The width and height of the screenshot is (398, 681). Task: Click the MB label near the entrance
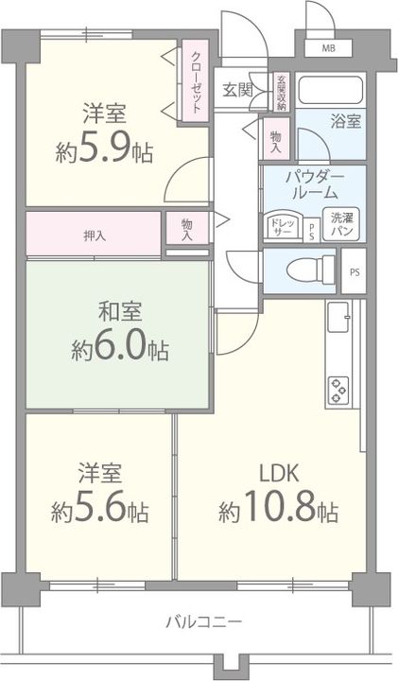pos(328,47)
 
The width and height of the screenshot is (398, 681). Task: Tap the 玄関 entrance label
pos(237,90)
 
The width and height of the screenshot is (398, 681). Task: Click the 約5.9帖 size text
pos(104,150)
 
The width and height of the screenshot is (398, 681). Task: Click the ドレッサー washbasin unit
pos(283,224)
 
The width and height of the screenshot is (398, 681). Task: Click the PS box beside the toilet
pos(355,272)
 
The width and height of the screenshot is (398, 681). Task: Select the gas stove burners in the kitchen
pos(337,387)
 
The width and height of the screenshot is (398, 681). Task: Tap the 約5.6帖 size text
pos(99,512)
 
